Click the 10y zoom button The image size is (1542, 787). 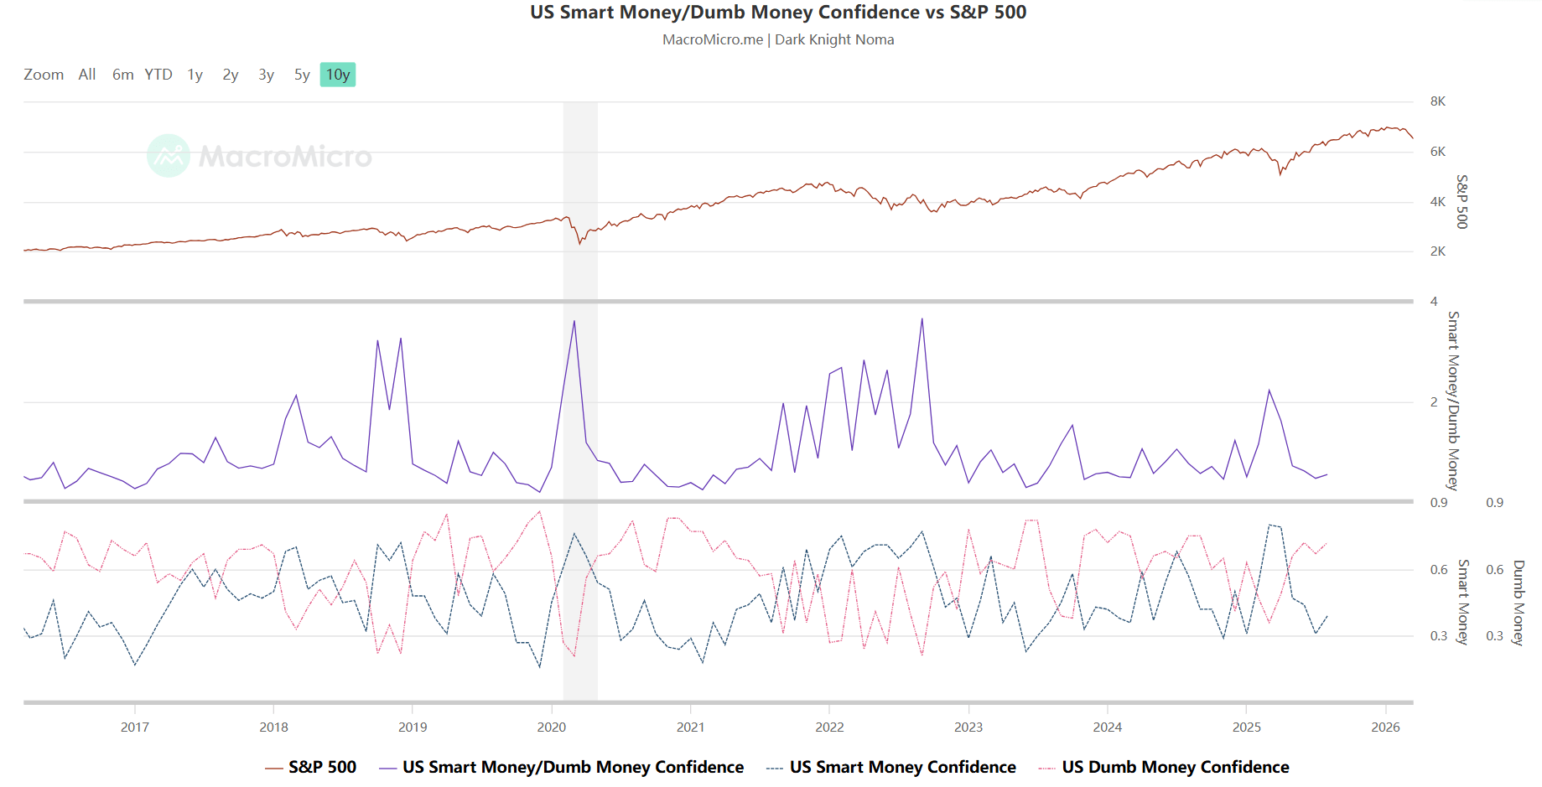click(x=338, y=75)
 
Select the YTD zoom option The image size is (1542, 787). click(x=158, y=75)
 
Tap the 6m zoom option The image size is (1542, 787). click(x=122, y=75)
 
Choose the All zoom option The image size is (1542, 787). click(x=87, y=75)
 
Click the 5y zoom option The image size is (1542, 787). click(x=302, y=75)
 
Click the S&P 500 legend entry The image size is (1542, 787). click(x=322, y=767)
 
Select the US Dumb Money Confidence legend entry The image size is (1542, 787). click(x=1175, y=767)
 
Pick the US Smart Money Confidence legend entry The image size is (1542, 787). click(x=902, y=767)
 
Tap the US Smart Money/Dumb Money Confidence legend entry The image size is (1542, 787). click(x=573, y=767)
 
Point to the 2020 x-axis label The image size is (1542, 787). click(x=552, y=727)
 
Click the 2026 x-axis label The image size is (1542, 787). click(x=1385, y=727)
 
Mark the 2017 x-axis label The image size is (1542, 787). click(x=135, y=727)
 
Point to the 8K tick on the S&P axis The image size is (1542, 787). click(x=1438, y=101)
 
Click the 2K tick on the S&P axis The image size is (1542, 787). click(x=1438, y=251)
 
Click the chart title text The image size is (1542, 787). click(x=778, y=13)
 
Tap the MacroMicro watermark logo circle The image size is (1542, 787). click(x=169, y=156)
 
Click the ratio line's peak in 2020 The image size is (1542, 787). click(x=574, y=321)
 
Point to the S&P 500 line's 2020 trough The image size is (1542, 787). click(x=579, y=243)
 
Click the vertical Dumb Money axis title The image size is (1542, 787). click(x=1518, y=603)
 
